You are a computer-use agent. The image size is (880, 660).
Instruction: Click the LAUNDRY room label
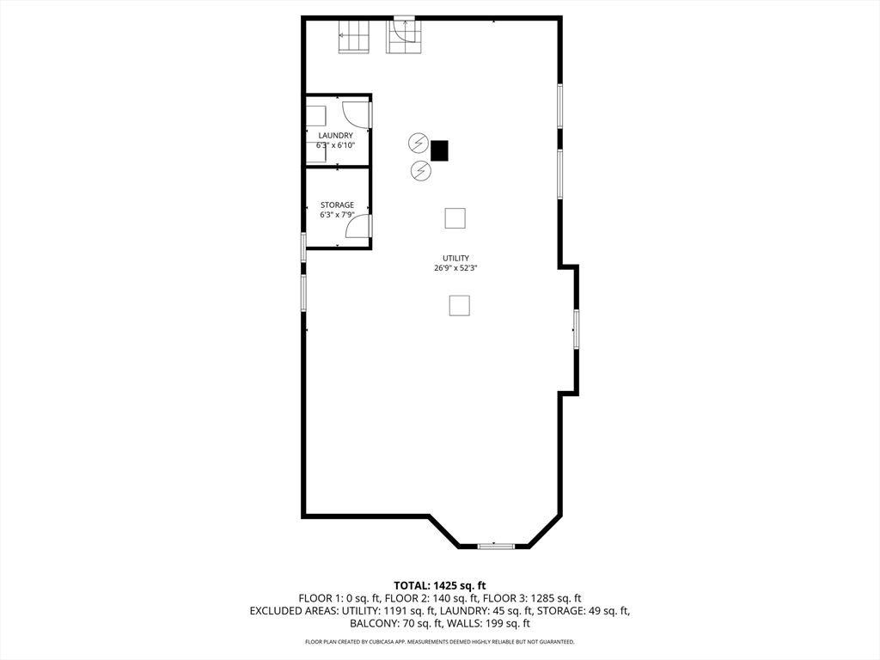[336, 135]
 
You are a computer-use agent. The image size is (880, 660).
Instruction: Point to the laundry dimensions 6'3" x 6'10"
[336, 145]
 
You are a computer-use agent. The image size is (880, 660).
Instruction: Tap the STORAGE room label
[337, 205]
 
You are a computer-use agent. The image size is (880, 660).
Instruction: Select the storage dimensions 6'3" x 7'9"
[337, 214]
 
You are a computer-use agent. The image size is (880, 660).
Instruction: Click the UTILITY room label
[455, 258]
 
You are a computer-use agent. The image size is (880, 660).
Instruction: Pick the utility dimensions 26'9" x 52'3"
[455, 268]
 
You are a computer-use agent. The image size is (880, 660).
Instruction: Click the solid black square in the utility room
[439, 150]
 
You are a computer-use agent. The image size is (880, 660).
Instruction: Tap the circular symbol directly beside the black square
[419, 144]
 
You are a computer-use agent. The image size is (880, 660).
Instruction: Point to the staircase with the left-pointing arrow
[353, 36]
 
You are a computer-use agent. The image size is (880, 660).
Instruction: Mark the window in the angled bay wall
[496, 546]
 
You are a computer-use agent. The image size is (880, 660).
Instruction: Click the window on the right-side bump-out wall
[576, 329]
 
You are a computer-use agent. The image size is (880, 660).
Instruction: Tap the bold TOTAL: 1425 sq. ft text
[439, 586]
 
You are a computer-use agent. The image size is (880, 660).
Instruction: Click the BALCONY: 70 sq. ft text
[394, 624]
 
